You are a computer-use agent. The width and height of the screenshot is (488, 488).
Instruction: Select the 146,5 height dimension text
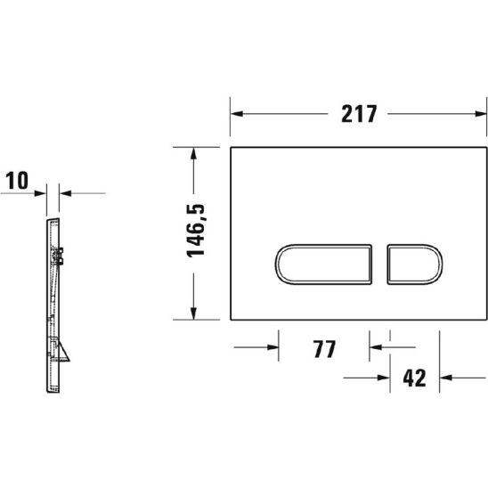click(x=198, y=230)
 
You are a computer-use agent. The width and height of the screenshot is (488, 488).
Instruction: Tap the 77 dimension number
click(x=323, y=349)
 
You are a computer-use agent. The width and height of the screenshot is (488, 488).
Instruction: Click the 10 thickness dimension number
click(x=18, y=181)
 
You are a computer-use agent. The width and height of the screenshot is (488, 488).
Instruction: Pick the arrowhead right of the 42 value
click(x=449, y=378)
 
